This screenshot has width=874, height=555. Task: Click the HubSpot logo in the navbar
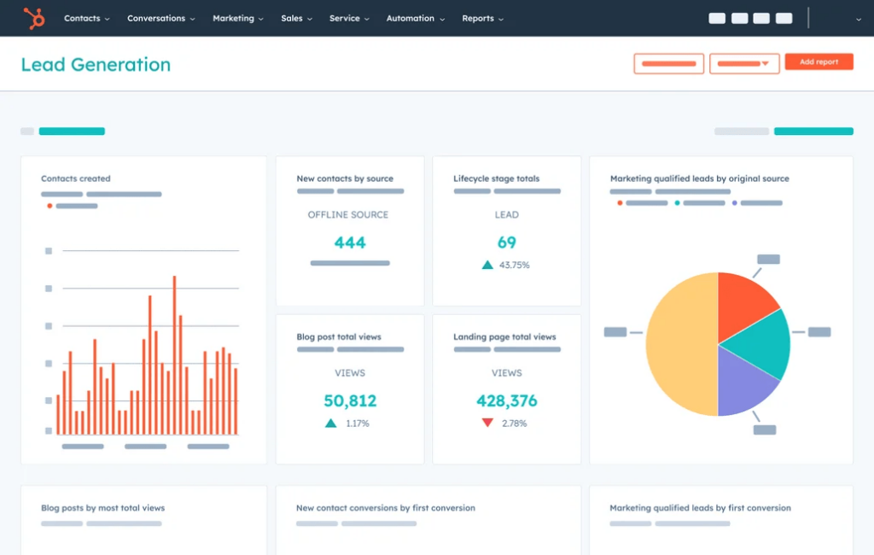[x=34, y=18]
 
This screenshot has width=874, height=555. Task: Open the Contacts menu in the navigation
[x=86, y=18]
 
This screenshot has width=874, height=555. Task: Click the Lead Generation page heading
[x=96, y=65]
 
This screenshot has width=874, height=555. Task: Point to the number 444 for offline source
[x=350, y=242]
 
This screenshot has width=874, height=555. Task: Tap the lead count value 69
[x=507, y=242]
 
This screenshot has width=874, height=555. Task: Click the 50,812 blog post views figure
[x=350, y=400]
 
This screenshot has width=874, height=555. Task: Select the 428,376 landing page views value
[x=507, y=400]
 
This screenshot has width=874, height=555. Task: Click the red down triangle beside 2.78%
[x=487, y=423]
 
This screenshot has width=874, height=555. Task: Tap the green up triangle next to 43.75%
[x=487, y=265]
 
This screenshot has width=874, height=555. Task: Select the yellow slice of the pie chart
[x=679, y=344]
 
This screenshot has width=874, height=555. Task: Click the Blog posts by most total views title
[x=102, y=508]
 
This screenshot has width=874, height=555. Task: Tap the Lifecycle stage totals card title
[x=496, y=178]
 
